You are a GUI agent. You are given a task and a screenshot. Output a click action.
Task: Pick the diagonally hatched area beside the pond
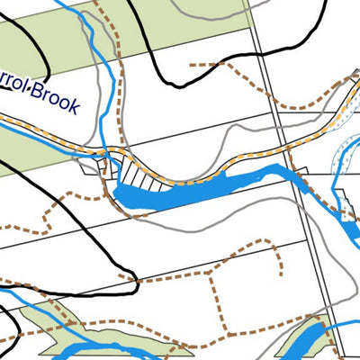point(135,171)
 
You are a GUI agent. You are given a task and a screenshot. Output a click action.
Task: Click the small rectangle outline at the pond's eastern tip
point(301,171)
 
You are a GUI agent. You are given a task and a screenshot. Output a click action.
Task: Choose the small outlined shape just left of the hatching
point(92,166)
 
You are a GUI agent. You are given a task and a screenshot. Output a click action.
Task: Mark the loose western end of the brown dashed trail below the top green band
point(191,66)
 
